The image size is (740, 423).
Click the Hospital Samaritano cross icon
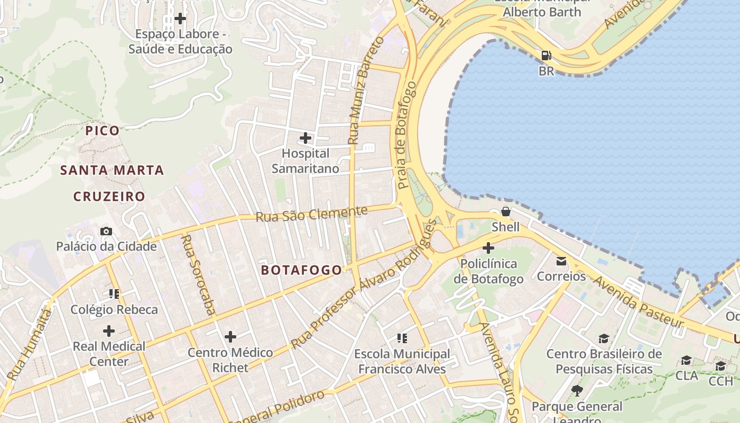(x=306, y=138)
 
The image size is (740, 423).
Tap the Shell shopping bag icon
(x=506, y=212)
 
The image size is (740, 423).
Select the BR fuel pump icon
(x=546, y=55)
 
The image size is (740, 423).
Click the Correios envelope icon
(x=561, y=261)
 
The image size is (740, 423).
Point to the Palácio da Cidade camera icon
(x=106, y=231)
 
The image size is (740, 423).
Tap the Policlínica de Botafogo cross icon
(x=488, y=247)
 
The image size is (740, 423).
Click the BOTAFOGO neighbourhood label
(x=302, y=270)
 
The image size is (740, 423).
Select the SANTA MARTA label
(x=112, y=170)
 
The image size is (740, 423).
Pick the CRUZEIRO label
(x=109, y=197)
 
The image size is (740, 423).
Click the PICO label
(x=103, y=131)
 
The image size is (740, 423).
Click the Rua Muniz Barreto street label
(x=365, y=90)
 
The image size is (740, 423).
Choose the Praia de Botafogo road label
(x=407, y=135)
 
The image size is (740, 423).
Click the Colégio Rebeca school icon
(x=114, y=293)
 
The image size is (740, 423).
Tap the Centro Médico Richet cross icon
(x=230, y=336)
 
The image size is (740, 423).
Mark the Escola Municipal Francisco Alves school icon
(x=402, y=338)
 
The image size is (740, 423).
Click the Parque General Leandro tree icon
(x=577, y=391)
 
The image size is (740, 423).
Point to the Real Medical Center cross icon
(x=109, y=331)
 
